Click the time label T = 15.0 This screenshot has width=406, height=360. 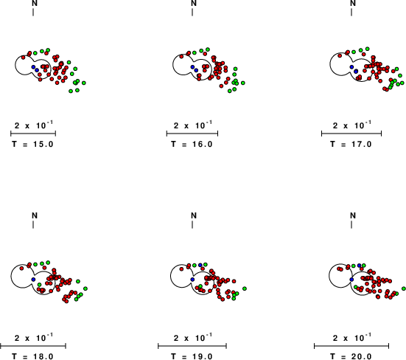coord(32,144)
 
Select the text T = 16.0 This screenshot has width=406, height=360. coord(192,144)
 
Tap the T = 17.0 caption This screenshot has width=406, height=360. coord(351,144)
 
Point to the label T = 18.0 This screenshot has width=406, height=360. coord(32,356)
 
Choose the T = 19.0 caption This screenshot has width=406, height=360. coord(192,356)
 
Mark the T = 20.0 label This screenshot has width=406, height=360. coord(351,356)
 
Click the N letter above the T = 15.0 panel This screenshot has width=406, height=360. coord(35,3)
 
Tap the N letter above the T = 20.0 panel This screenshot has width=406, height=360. coord(353,215)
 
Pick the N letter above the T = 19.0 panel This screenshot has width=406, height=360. coord(194,215)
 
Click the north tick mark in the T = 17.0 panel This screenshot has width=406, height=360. coord(351,13)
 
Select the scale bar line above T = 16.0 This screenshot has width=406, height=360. coord(192,134)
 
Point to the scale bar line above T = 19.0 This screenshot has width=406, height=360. coord(192,346)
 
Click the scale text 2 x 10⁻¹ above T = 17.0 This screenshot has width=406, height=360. coord(351,125)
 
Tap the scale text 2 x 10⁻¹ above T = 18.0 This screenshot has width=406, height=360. coord(34,338)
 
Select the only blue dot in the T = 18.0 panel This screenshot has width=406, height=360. coord(33,279)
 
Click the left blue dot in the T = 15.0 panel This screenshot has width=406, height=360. coord(33,67)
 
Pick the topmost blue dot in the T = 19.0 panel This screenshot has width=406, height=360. coord(200,265)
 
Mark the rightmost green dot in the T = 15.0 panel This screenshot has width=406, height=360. coord(84,83)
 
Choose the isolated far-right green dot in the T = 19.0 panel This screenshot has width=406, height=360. coord(245,288)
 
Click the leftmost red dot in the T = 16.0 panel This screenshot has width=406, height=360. coord(181,56)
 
